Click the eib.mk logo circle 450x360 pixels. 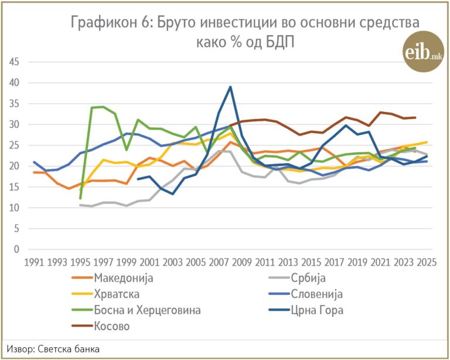tap(424, 52)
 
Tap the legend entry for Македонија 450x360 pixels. tap(112, 278)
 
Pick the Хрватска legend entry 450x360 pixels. tap(105, 294)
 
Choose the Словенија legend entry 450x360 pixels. tap(306, 294)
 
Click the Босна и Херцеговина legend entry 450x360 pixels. tap(137, 310)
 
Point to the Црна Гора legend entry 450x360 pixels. tap(306, 310)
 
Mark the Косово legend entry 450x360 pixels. tap(101, 326)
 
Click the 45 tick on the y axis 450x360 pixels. tap(14, 62)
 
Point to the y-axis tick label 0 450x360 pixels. tap(16, 249)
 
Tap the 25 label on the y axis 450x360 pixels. tap(14, 145)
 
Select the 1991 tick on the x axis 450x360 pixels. tap(34, 263)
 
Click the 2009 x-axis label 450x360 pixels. tap(241, 263)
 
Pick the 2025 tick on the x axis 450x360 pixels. tap(427, 263)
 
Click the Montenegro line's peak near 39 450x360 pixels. tap(230, 87)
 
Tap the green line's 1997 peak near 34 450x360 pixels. tap(103, 107)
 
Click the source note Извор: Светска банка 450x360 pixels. tap(53, 349)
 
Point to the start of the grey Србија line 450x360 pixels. tap(80, 205)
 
